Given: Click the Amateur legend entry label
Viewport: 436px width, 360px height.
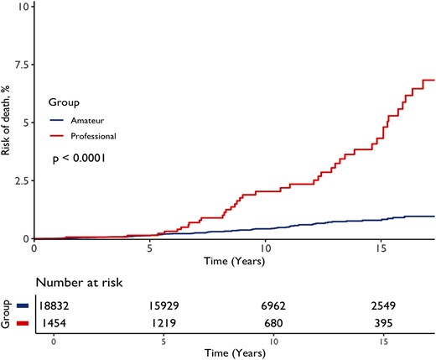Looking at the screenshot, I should point(88,120).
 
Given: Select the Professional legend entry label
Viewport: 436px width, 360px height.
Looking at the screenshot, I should point(93,135).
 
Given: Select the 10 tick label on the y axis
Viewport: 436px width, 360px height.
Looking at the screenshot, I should point(24,7).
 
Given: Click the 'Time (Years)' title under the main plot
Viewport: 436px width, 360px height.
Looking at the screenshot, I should point(234,261).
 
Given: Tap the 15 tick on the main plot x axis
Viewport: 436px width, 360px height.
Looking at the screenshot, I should point(381,249).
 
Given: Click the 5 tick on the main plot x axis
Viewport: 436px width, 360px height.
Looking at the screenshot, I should point(149,249).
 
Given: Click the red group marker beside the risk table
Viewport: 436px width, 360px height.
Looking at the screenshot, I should point(24,323).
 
